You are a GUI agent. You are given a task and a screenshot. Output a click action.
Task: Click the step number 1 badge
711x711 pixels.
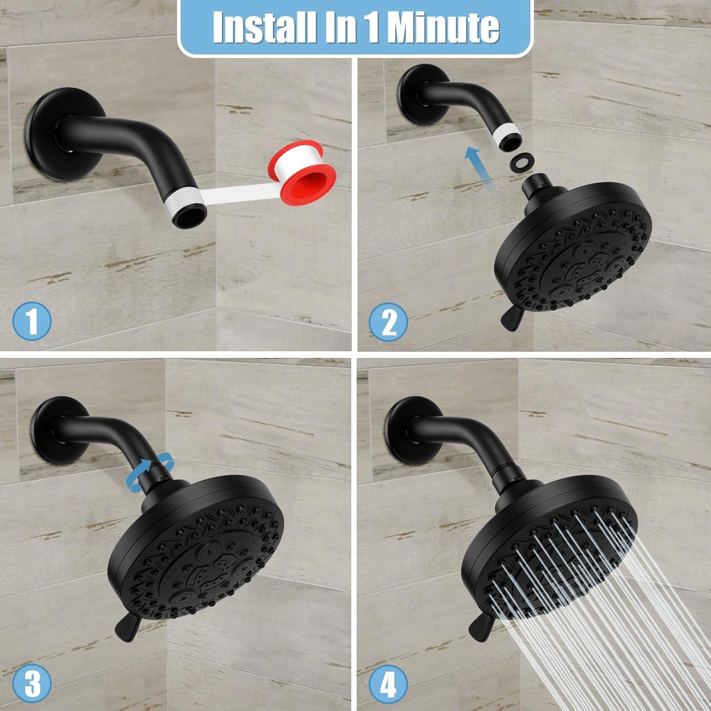32,321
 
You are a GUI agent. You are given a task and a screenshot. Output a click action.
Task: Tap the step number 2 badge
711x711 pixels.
389,322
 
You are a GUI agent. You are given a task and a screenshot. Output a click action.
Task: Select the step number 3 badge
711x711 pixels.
32,683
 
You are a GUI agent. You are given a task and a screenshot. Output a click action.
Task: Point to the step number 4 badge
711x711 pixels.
388,683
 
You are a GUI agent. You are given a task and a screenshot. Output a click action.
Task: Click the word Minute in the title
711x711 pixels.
443,27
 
